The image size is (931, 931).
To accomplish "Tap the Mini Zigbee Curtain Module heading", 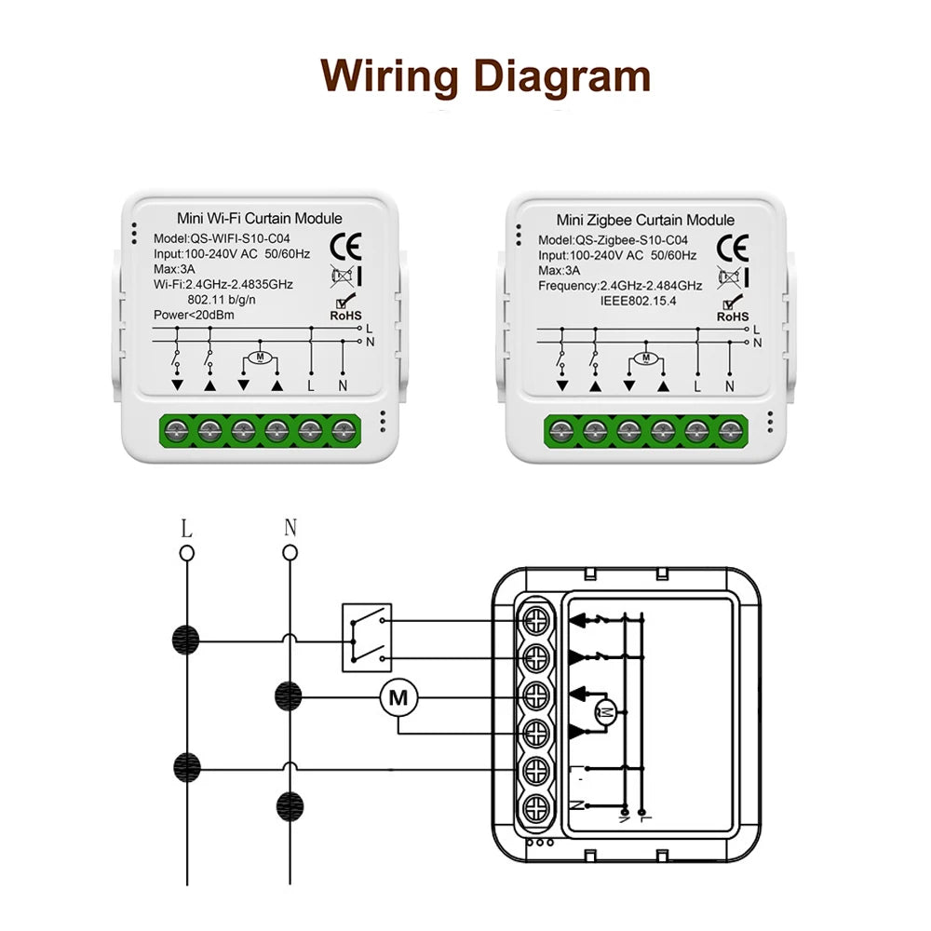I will tap(645, 221).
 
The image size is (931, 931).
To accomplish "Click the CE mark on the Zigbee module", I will tap(733, 246).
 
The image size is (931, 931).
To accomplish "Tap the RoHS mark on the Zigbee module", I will tap(733, 308).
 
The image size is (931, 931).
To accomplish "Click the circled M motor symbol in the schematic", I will tap(399, 696).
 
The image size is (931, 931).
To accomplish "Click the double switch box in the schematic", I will tap(367, 638).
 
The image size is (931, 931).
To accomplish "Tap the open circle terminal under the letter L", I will tap(187, 553).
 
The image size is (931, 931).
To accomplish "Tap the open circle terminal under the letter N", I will tap(290, 553).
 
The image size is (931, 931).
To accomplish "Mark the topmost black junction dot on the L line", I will tap(187, 641).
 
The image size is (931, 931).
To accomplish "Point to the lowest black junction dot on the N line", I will tap(290, 803).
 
